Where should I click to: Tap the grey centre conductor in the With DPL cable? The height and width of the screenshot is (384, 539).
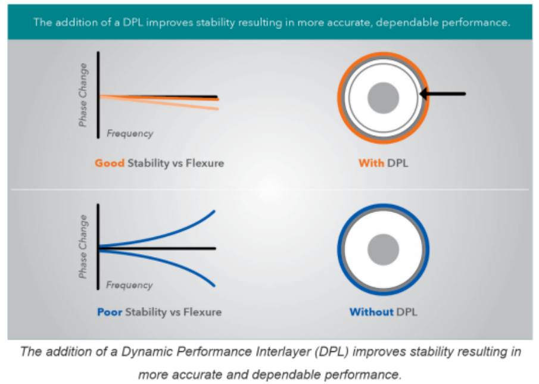pyautogui.click(x=383, y=98)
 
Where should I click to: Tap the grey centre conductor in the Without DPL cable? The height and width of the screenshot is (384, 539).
pyautogui.click(x=383, y=249)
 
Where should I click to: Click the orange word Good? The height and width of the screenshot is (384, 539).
pyautogui.click(x=109, y=163)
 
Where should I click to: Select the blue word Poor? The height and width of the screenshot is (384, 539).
pyautogui.click(x=110, y=311)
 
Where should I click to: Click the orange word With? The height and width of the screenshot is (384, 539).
pyautogui.click(x=370, y=163)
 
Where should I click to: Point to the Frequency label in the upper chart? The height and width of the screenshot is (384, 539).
pyautogui.click(x=130, y=133)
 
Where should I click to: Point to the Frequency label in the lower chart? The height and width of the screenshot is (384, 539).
pyautogui.click(x=130, y=285)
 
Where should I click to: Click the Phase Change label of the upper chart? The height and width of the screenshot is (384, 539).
pyautogui.click(x=83, y=95)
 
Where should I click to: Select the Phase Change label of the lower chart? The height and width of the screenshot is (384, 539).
pyautogui.click(x=83, y=246)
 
